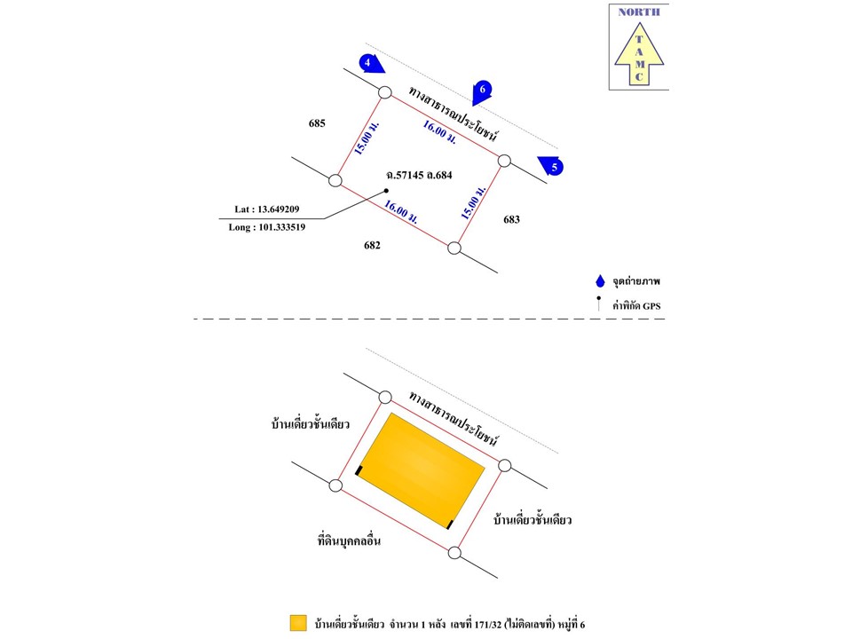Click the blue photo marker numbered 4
click(x=371, y=62)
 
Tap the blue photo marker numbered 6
click(x=482, y=89)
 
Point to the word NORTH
click(x=639, y=12)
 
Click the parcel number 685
click(x=318, y=123)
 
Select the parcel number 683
click(x=513, y=218)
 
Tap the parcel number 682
click(x=372, y=245)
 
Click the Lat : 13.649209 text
click(x=266, y=209)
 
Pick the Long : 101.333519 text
click(x=267, y=227)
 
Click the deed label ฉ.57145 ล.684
click(x=419, y=175)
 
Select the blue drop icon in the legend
click(x=601, y=281)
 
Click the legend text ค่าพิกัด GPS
click(x=636, y=306)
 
